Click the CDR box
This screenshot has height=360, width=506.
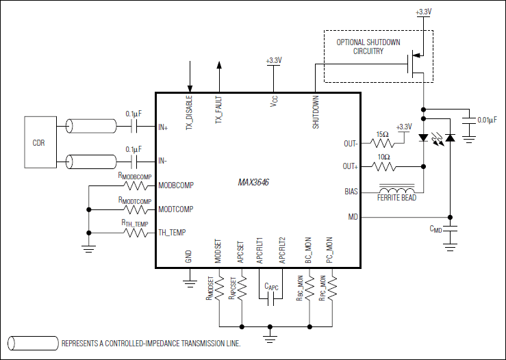click(x=38, y=143)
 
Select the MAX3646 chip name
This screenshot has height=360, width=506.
click(x=253, y=183)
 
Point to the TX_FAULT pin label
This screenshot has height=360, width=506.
click(x=219, y=110)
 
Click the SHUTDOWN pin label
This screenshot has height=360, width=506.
click(x=316, y=112)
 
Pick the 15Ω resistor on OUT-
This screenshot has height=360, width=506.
click(x=382, y=144)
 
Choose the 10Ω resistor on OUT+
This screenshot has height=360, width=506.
click(x=382, y=166)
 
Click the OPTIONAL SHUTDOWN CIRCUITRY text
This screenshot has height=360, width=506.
click(x=369, y=47)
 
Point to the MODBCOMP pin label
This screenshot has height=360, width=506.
click(x=176, y=185)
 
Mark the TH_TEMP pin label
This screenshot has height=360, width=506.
click(x=172, y=232)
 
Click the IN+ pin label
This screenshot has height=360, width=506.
click(x=163, y=127)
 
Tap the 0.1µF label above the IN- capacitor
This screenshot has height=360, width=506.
click(x=134, y=149)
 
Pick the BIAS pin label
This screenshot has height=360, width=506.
click(x=351, y=192)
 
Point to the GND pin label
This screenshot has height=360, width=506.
click(x=188, y=257)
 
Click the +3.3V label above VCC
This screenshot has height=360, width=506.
click(x=273, y=61)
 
